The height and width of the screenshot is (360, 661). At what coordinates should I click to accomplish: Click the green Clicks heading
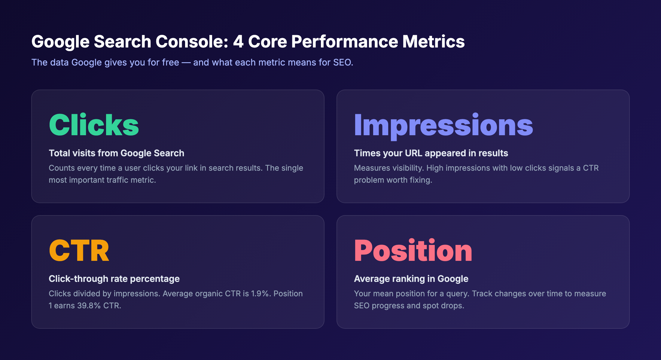[x=94, y=125]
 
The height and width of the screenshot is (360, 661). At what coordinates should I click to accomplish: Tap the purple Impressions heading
[x=443, y=126]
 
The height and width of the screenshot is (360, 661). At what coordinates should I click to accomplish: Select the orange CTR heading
[x=79, y=251]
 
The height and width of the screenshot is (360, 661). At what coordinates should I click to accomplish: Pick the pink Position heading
[x=413, y=251]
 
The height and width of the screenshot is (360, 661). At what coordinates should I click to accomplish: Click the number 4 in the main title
[x=238, y=41]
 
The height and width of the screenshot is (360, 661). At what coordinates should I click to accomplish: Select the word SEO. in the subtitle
[x=343, y=63]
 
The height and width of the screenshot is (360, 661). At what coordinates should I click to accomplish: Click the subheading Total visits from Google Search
[x=116, y=153]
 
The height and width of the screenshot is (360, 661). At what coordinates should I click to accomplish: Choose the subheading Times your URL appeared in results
[x=431, y=153]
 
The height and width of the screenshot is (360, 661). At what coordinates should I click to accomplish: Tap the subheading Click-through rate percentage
[x=114, y=279]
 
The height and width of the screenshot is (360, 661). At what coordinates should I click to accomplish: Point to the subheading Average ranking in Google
[x=411, y=279]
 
